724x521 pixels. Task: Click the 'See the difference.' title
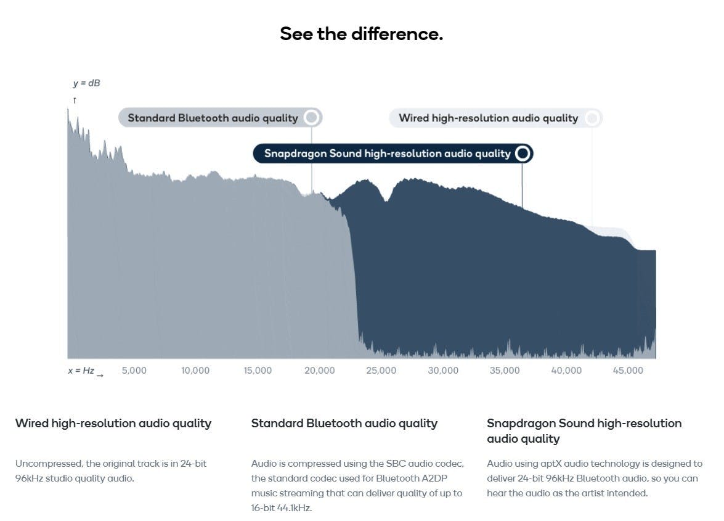point(362,34)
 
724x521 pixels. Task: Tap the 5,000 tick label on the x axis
point(134,371)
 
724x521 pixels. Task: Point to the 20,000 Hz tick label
point(320,371)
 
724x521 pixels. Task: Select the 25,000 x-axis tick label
point(381,371)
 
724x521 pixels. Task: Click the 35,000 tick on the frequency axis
point(505,371)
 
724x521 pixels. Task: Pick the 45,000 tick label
point(628,371)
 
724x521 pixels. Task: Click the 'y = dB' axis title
point(86,83)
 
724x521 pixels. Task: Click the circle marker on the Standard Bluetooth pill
point(312,117)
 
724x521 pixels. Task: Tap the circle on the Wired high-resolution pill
point(592,118)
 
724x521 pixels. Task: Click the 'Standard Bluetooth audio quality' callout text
point(213,118)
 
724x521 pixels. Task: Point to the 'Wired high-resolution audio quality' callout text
point(489,118)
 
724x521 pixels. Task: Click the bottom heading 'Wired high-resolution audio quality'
point(113,424)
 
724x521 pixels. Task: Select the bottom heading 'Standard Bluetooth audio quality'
point(344,424)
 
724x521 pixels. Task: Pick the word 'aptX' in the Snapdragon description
point(551,464)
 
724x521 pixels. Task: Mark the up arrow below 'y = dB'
point(75,101)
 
